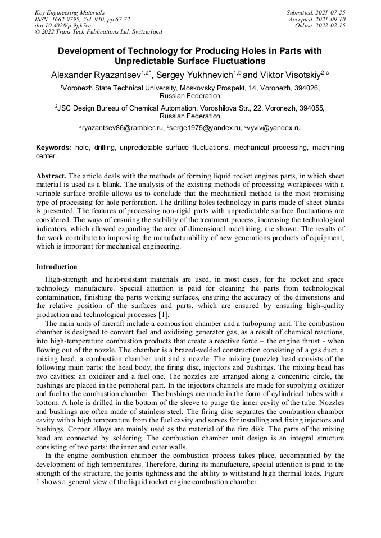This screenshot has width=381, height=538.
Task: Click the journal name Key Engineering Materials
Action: (x=70, y=12)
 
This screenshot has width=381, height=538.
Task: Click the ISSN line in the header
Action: (x=82, y=19)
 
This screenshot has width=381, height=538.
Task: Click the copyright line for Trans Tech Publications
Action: (x=98, y=32)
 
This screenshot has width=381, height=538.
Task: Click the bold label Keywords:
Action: (x=54, y=148)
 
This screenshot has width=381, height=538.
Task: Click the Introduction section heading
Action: (x=57, y=267)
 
